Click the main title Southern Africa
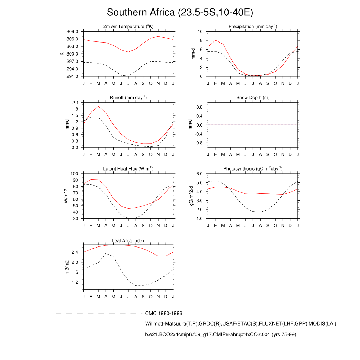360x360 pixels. point(180,13)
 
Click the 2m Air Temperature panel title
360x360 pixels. point(128,27)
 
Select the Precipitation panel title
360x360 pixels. point(253,27)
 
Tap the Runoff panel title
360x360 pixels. point(128,98)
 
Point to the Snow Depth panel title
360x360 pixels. point(253,98)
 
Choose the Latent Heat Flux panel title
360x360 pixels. point(128,169)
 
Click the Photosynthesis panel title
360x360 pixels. point(253,169)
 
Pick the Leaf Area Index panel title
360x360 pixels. point(128,241)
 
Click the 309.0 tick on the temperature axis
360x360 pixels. point(73,32)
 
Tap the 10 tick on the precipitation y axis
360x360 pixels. point(200,32)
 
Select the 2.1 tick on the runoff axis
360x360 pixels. point(75,103)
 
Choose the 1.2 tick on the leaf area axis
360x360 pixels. point(75,282)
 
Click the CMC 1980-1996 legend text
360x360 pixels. point(163,313)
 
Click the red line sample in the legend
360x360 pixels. point(98,335)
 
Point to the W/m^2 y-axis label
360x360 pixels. point(66,196)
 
